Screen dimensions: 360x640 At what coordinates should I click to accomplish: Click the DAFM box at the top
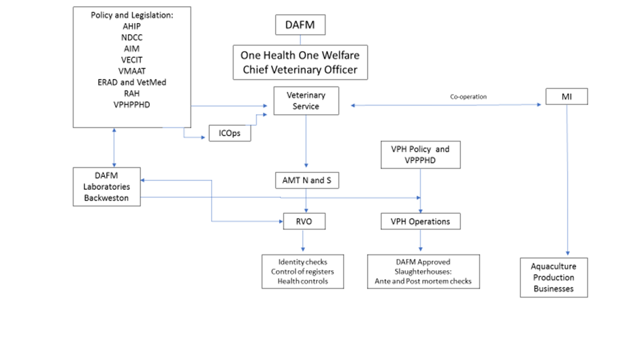tap(300, 26)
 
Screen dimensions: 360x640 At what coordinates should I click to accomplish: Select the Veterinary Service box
tap(306, 101)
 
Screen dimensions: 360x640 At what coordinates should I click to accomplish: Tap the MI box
tap(566, 97)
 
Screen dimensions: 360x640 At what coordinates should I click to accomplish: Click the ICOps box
tap(230, 134)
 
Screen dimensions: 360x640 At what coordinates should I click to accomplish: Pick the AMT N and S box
tap(306, 181)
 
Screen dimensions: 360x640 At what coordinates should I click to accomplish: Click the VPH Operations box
tap(420, 221)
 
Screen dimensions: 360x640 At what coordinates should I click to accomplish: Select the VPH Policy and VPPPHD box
tap(419, 155)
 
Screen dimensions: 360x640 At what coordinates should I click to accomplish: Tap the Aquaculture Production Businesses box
tap(554, 278)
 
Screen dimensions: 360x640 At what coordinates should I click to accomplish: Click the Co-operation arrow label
tap(468, 97)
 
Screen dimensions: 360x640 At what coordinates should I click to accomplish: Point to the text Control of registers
tap(302, 272)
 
